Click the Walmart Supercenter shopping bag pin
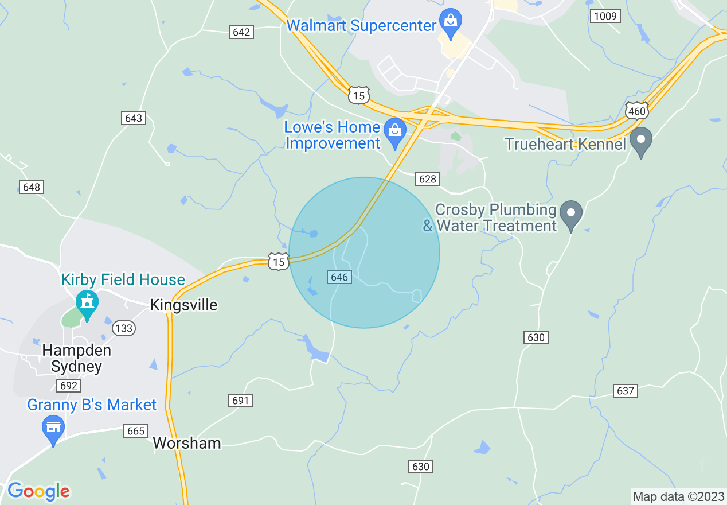(451, 21)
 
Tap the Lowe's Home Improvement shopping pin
(394, 130)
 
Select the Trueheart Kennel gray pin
(641, 140)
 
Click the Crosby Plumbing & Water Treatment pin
(570, 213)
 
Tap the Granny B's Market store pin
(53, 428)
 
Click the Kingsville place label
(183, 305)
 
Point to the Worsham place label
(187, 443)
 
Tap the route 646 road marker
(339, 277)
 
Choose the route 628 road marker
(428, 179)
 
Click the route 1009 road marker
(605, 16)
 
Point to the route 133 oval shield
(123, 328)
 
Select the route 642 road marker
(241, 32)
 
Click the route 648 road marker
(32, 187)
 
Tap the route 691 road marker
(240, 400)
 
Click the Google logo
(38, 491)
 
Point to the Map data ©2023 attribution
(678, 496)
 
